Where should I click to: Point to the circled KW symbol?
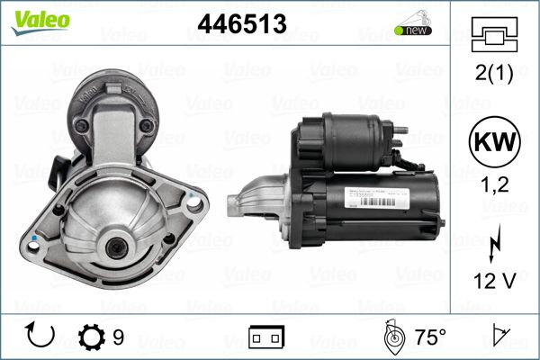tap(494, 143)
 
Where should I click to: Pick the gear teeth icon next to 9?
tap(92, 337)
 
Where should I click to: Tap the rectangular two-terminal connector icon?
tap(265, 338)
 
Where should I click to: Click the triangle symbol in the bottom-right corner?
tap(498, 337)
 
